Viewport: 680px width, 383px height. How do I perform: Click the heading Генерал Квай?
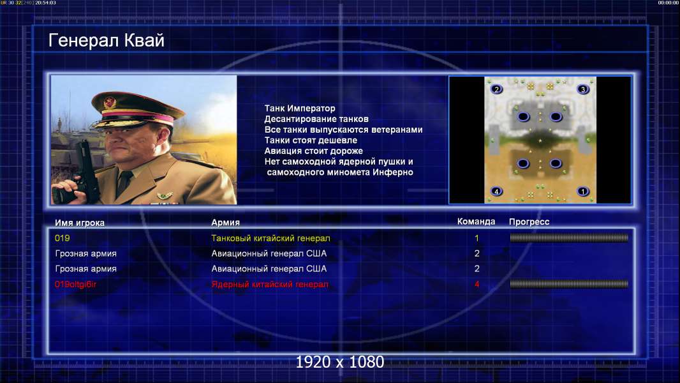107,41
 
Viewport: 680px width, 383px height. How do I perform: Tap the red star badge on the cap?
110,103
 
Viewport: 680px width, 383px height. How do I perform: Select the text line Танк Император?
300,109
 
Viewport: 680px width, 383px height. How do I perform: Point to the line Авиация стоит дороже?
314,151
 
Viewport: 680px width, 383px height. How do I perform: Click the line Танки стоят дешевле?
311,140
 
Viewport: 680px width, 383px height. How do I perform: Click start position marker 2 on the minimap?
496,89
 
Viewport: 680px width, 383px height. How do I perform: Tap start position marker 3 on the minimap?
583,89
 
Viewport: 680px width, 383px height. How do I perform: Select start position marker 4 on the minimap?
496,191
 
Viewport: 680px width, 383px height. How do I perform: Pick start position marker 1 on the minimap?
583,191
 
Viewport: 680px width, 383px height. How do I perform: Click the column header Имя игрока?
79,223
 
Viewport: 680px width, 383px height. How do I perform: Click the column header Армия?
226,223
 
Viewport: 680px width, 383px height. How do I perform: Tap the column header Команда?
476,222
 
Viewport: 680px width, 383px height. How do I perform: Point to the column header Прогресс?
529,222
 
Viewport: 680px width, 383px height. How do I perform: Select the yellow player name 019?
62,238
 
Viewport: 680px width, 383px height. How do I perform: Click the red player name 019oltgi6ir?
75,285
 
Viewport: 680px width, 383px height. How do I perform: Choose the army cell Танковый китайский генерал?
270,238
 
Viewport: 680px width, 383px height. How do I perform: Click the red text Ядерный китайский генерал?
270,285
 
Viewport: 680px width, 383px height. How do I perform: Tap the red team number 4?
477,285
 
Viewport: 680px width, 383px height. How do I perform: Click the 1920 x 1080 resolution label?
340,362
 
